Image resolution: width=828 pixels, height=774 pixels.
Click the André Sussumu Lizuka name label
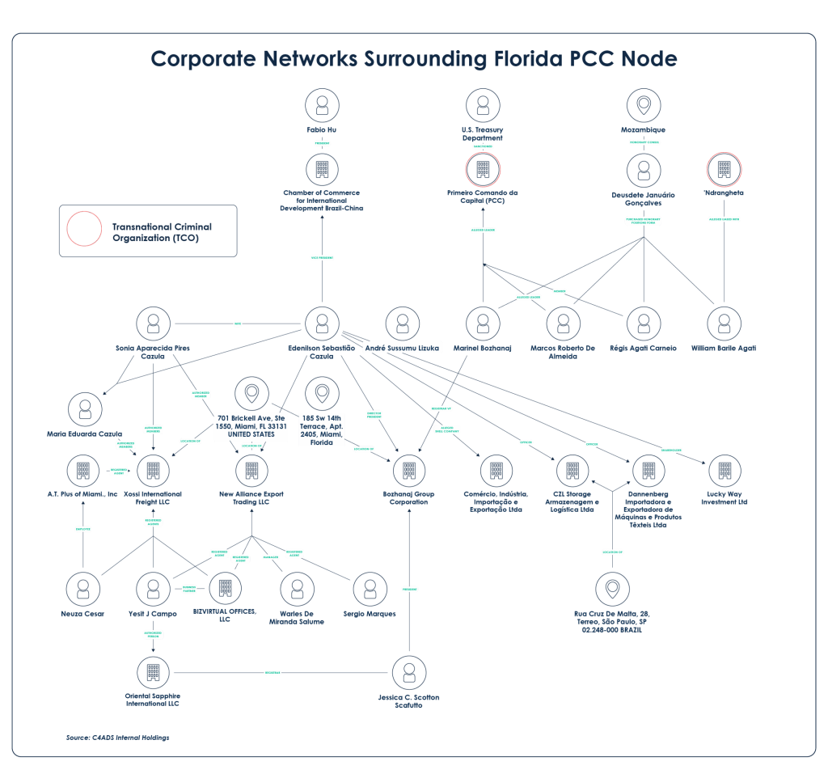tap(402, 347)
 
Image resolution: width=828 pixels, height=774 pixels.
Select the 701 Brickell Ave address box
tap(251, 425)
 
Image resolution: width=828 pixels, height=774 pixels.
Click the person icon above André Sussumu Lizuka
tap(402, 323)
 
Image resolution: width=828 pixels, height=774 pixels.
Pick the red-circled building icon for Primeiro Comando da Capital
tap(483, 170)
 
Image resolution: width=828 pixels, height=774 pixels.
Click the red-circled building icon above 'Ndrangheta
tap(724, 170)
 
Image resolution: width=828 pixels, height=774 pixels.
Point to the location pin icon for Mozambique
tap(644, 106)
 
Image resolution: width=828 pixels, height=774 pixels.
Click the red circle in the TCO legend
tap(83, 228)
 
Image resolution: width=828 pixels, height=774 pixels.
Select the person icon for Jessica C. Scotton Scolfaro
tap(408, 672)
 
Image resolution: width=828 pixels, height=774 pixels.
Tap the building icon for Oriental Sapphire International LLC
tap(152, 671)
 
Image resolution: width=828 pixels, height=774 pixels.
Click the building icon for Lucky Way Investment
tap(724, 469)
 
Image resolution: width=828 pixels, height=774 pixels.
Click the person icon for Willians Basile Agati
tap(724, 323)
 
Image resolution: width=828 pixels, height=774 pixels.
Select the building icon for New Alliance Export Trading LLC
tap(251, 469)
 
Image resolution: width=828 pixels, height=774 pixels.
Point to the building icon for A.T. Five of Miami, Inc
tap(82, 469)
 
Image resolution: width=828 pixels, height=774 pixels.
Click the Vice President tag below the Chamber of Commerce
tap(322, 257)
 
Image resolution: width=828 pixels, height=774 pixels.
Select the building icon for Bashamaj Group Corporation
tap(409, 469)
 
